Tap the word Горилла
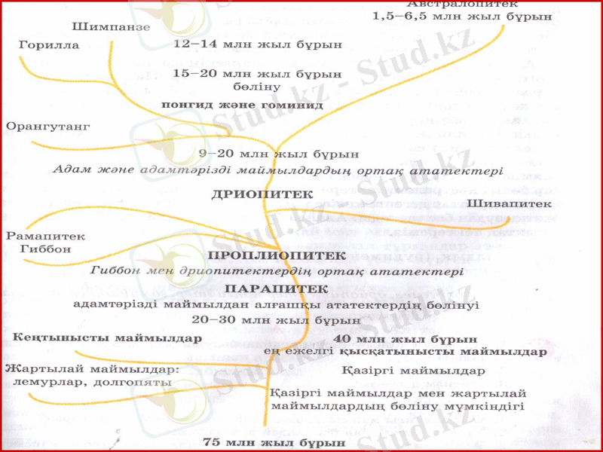[x=49, y=46]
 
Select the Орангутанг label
[x=47, y=126]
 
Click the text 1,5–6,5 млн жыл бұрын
[x=462, y=17]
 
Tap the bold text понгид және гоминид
[x=242, y=105]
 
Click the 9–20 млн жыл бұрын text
[x=278, y=154]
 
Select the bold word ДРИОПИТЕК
[x=262, y=194]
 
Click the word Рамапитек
[x=45, y=237]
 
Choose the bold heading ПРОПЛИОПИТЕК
[x=277, y=256]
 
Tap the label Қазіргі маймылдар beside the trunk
[x=412, y=371]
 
